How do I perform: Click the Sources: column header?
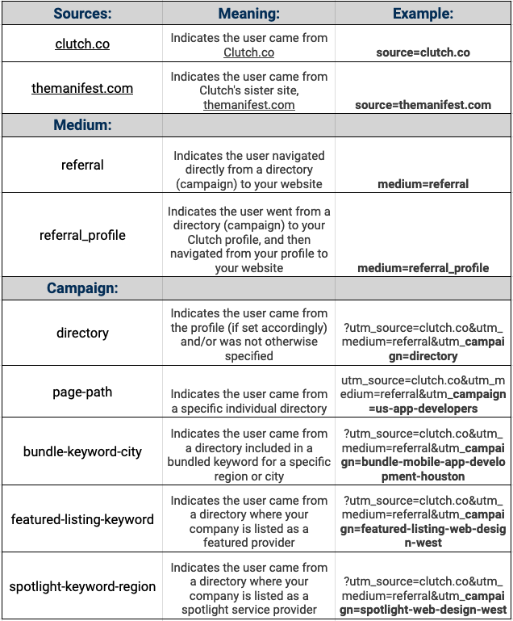click(x=82, y=14)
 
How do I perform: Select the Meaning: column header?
click(x=248, y=14)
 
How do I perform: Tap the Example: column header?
click(x=423, y=14)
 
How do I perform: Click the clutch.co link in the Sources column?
click(x=82, y=44)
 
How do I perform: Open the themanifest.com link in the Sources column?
click(x=82, y=88)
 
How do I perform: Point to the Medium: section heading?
click(x=82, y=125)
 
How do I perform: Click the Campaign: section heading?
click(x=82, y=288)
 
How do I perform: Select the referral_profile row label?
click(x=82, y=235)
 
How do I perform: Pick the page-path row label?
click(x=82, y=392)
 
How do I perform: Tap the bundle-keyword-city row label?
click(x=82, y=451)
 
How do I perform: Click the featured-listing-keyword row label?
click(x=82, y=519)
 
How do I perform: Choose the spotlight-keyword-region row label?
click(x=82, y=586)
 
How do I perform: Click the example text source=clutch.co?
click(x=423, y=52)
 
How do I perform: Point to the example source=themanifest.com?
click(x=423, y=104)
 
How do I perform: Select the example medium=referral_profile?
click(x=423, y=267)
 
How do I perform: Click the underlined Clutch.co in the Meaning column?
click(x=248, y=52)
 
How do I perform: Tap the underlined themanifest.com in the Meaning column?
click(x=248, y=104)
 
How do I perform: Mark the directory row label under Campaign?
click(x=82, y=333)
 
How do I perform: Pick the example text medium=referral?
click(x=423, y=183)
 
